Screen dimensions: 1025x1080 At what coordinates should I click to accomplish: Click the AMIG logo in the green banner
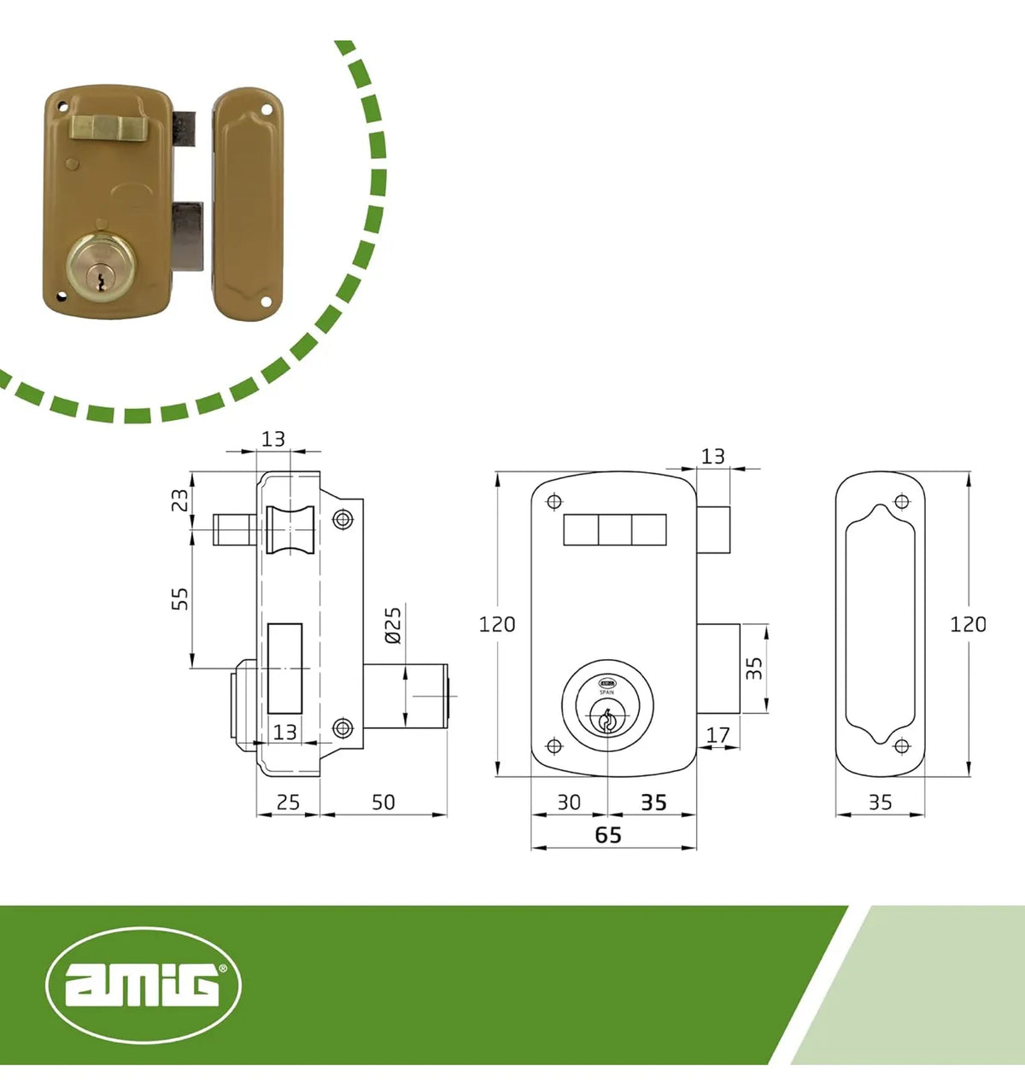click(x=143, y=984)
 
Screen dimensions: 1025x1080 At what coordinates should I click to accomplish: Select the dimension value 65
click(x=608, y=835)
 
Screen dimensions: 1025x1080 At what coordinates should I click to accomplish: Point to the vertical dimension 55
click(x=179, y=598)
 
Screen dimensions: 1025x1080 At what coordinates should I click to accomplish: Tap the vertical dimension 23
click(x=179, y=500)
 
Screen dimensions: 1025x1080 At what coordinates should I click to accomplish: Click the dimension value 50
click(x=383, y=803)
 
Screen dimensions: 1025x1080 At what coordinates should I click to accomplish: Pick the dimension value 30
click(x=569, y=803)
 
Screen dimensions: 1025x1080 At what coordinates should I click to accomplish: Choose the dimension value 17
click(x=717, y=735)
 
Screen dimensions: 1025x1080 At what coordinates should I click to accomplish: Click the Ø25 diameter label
click(x=394, y=625)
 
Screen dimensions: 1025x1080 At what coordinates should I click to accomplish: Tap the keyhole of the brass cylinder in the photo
click(x=99, y=280)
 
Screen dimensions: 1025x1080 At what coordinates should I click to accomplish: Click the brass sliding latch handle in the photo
click(x=108, y=129)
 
